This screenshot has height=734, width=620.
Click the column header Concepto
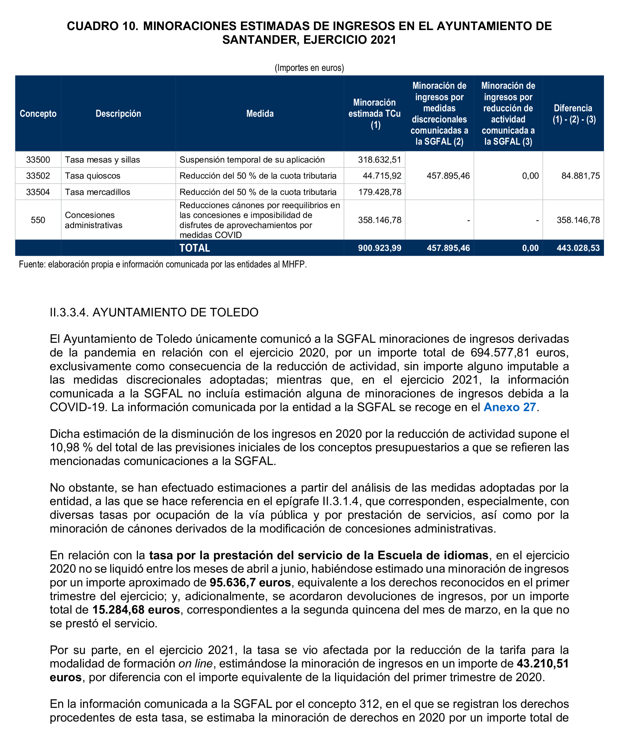click(x=38, y=113)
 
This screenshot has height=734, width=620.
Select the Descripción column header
click(x=118, y=113)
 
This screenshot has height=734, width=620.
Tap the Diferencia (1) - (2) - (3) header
click(x=573, y=113)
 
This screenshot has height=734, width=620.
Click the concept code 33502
click(x=38, y=176)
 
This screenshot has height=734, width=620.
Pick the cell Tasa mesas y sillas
click(x=102, y=160)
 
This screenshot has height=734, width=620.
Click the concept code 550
click(x=38, y=220)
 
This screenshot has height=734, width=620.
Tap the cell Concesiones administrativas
click(x=94, y=220)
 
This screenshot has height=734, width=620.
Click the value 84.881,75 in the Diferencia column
click(x=580, y=176)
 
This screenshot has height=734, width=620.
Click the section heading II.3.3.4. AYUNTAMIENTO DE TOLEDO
click(x=154, y=312)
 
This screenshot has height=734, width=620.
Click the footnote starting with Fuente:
click(x=163, y=264)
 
